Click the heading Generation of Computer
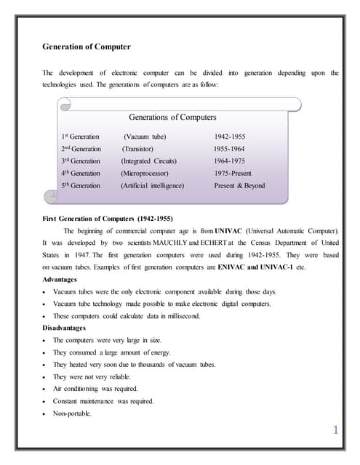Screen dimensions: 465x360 coord(87,47)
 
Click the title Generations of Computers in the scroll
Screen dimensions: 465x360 coord(172,117)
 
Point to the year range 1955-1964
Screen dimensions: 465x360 coord(231,149)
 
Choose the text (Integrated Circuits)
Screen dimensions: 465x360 coord(153,161)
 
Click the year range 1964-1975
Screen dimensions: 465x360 coord(231,161)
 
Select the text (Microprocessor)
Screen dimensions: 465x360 coord(145,174)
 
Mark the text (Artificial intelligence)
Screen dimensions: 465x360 coord(153,186)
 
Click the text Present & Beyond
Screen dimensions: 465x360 coord(240,186)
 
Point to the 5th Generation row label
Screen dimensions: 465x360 coord(81,186)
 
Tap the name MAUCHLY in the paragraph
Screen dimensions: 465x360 coord(169,243)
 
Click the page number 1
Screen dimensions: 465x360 coord(335,431)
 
